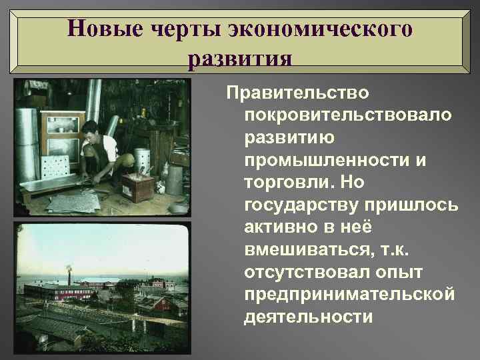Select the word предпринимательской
tap(350, 294)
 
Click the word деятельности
tap(309, 317)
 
